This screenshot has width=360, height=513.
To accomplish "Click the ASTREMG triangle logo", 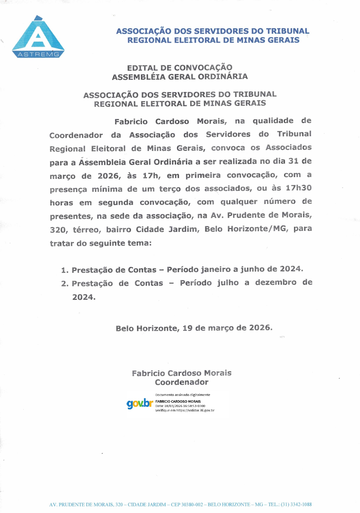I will pyautogui.click(x=38, y=37).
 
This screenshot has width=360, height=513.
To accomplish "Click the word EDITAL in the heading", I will pyautogui.click(x=142, y=68).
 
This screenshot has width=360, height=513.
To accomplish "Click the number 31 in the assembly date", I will pyautogui.click(x=293, y=161).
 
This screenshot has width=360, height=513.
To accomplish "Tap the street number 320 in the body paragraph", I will pyautogui.click(x=57, y=230).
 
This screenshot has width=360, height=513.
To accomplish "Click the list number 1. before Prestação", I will pyautogui.click(x=65, y=270).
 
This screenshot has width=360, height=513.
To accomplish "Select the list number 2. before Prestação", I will pyautogui.click(x=65, y=284).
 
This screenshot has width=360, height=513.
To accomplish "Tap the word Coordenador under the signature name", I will pyautogui.click(x=182, y=382).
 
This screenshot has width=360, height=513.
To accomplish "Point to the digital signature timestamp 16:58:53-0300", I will pyautogui.click(x=194, y=406).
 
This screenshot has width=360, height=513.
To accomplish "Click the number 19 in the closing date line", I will pyautogui.click(x=187, y=328).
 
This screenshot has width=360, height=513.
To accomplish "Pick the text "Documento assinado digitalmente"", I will pyautogui.click(x=183, y=395).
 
